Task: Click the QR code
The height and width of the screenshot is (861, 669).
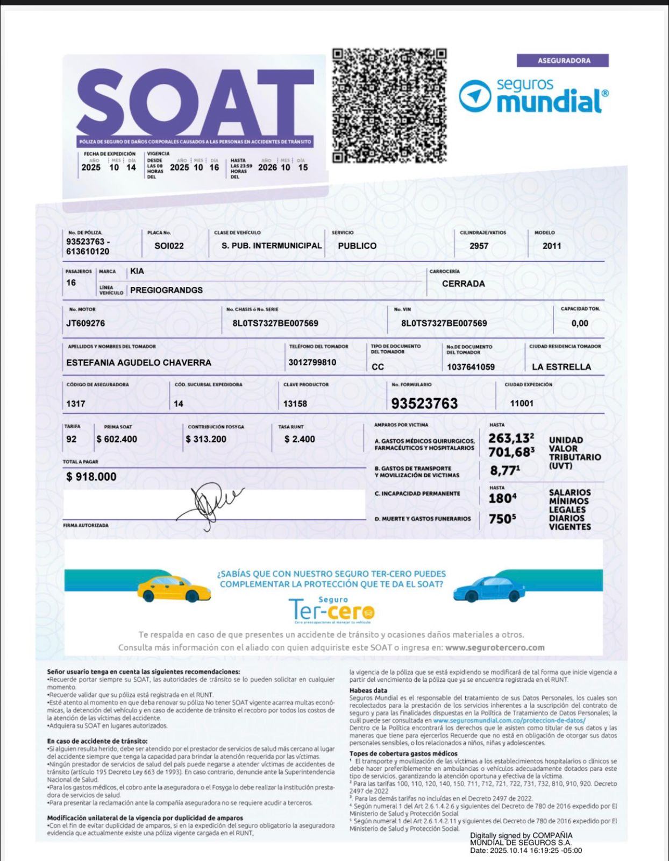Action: pos(389,105)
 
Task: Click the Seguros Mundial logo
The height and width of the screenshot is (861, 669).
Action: pos(533,96)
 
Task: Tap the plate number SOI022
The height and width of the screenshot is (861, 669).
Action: pos(169,246)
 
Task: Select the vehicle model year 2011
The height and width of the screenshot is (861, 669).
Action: pos(552,246)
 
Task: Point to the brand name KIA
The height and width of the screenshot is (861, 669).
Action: pos(137,271)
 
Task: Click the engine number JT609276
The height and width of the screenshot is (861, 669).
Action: pos(86,323)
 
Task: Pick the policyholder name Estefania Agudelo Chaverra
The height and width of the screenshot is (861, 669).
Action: pos(139,363)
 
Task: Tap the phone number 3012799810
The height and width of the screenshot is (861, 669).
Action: pos(312,363)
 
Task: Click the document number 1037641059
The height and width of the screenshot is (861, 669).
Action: pos(471,367)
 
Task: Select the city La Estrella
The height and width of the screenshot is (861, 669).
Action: pos(561,367)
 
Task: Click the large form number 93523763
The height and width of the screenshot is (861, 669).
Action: pos(424,404)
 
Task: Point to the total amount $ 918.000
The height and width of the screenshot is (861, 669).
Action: pos(91,477)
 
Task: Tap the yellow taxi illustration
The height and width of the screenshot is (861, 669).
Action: pos(174,589)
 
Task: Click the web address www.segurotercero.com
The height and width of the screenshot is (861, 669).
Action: pos(495,648)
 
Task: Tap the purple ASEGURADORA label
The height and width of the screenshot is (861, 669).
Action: pos(563,61)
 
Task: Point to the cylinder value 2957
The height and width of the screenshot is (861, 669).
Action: pos(479,246)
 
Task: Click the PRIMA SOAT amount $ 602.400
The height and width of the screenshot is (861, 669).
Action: pos(117,439)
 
